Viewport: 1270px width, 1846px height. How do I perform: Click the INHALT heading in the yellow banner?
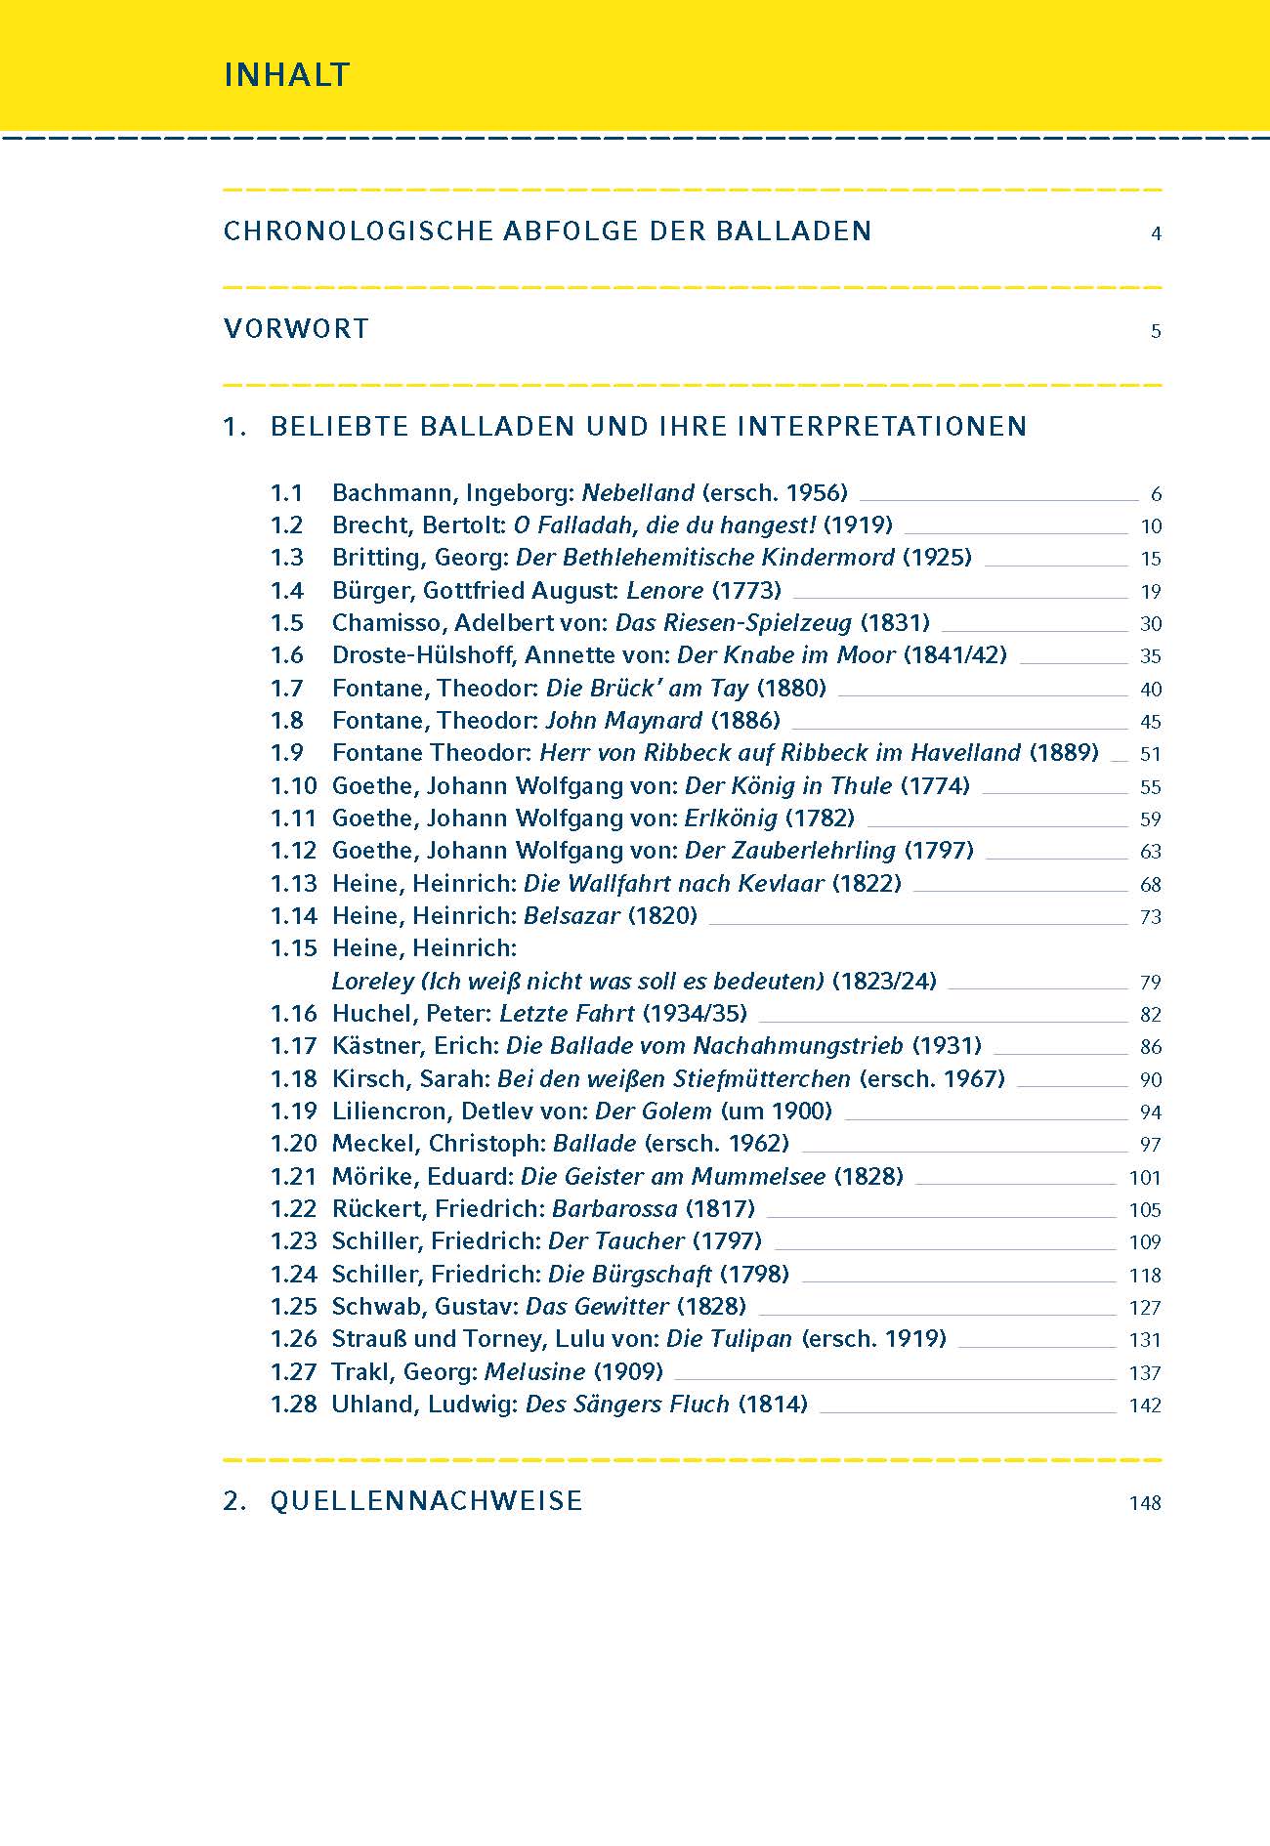(286, 75)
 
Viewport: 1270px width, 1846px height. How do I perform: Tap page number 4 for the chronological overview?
(1156, 233)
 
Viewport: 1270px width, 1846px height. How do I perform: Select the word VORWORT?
(296, 329)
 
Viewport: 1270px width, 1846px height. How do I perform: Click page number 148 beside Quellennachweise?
(1145, 1503)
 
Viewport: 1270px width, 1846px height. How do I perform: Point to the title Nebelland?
(638, 493)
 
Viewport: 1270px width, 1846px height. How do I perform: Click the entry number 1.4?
(287, 591)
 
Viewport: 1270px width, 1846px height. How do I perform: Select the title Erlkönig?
(731, 818)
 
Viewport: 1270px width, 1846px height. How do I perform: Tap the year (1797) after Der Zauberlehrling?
(939, 851)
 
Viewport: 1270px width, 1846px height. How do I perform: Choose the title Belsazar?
(571, 916)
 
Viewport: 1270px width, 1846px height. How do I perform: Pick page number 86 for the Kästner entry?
(1151, 1047)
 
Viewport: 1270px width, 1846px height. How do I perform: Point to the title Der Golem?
(654, 1112)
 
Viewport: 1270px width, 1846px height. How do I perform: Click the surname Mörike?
(370, 1177)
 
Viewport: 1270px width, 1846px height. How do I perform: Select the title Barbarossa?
(614, 1209)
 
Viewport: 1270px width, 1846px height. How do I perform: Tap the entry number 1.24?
(294, 1275)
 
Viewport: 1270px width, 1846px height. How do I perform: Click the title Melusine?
(534, 1372)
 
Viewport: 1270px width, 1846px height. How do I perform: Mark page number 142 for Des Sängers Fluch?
(1145, 1405)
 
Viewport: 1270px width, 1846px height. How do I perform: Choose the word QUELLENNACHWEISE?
(426, 1501)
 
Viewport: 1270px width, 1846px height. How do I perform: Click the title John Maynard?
(623, 721)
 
